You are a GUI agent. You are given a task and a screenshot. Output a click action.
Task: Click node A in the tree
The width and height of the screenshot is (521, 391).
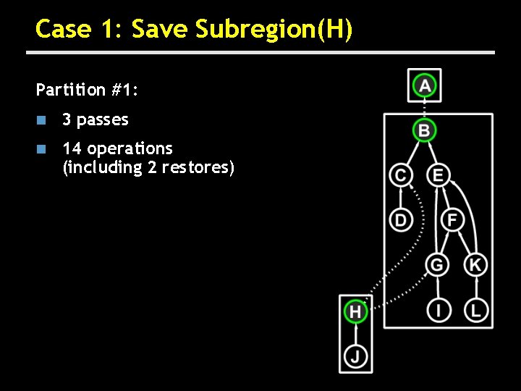click(x=425, y=86)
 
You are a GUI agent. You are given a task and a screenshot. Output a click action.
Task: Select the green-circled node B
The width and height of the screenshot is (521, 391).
click(x=425, y=131)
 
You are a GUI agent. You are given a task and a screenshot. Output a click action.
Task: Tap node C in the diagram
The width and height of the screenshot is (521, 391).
click(x=400, y=175)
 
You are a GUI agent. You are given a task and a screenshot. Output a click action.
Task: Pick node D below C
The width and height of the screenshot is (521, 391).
click(x=400, y=219)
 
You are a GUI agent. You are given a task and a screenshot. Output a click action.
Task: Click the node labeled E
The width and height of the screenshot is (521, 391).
click(x=439, y=175)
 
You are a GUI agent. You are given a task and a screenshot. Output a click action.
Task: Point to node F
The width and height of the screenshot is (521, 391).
click(x=452, y=219)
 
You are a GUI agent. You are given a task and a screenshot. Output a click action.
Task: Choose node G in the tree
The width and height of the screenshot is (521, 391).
click(x=437, y=265)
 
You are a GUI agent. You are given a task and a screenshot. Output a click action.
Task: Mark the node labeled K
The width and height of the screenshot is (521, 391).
click(x=475, y=265)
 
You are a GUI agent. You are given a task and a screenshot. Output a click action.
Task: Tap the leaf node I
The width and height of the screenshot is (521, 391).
click(x=437, y=311)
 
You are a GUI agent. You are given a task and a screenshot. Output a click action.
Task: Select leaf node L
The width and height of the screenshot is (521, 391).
click(x=475, y=311)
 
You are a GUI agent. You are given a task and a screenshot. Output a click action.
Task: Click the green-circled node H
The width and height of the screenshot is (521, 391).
click(x=355, y=312)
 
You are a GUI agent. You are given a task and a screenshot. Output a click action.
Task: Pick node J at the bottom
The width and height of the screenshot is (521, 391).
click(x=355, y=356)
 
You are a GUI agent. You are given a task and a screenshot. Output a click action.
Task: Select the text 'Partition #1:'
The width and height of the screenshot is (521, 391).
click(x=87, y=90)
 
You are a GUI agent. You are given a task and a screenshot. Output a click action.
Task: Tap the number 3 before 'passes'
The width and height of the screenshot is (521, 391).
click(x=67, y=119)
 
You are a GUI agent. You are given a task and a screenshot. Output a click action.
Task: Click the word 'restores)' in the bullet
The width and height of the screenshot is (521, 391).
click(x=198, y=168)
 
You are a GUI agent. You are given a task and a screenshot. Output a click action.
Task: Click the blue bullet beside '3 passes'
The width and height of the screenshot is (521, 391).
click(x=42, y=119)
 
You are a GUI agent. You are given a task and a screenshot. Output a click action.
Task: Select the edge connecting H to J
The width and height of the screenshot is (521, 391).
click(x=355, y=334)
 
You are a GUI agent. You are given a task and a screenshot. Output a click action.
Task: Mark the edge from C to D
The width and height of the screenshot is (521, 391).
click(x=400, y=197)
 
